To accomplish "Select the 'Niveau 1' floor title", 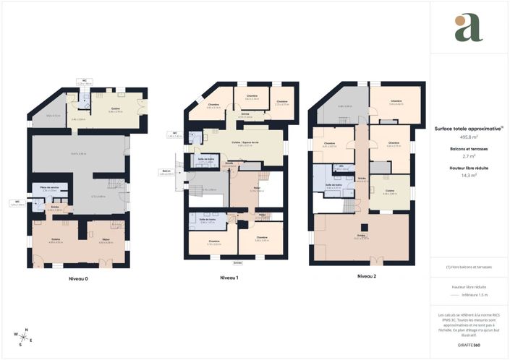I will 229,278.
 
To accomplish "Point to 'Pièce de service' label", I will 49,188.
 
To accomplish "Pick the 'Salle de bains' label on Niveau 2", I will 333,186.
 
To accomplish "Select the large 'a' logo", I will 469,27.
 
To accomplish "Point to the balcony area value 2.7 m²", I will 469,155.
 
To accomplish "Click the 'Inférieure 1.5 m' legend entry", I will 475,295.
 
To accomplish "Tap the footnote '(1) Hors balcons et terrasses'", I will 469,267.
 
